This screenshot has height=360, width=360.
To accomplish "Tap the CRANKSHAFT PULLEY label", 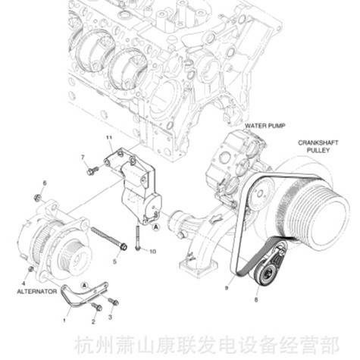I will [x=312, y=146].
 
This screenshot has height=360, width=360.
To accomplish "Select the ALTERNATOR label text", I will [x=36, y=290].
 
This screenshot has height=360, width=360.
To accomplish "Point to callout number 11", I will [x=108, y=136].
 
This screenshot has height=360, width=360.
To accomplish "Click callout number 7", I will [x=82, y=157].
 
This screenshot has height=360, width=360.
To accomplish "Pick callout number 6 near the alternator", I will [x=44, y=183].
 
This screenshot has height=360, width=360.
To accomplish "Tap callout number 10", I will [x=152, y=251].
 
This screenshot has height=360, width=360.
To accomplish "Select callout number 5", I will [x=115, y=261].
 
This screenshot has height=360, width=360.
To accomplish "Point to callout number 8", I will [x=255, y=301].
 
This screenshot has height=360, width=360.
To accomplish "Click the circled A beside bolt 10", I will [x=155, y=227].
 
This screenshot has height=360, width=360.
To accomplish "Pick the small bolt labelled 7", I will [x=91, y=171].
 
